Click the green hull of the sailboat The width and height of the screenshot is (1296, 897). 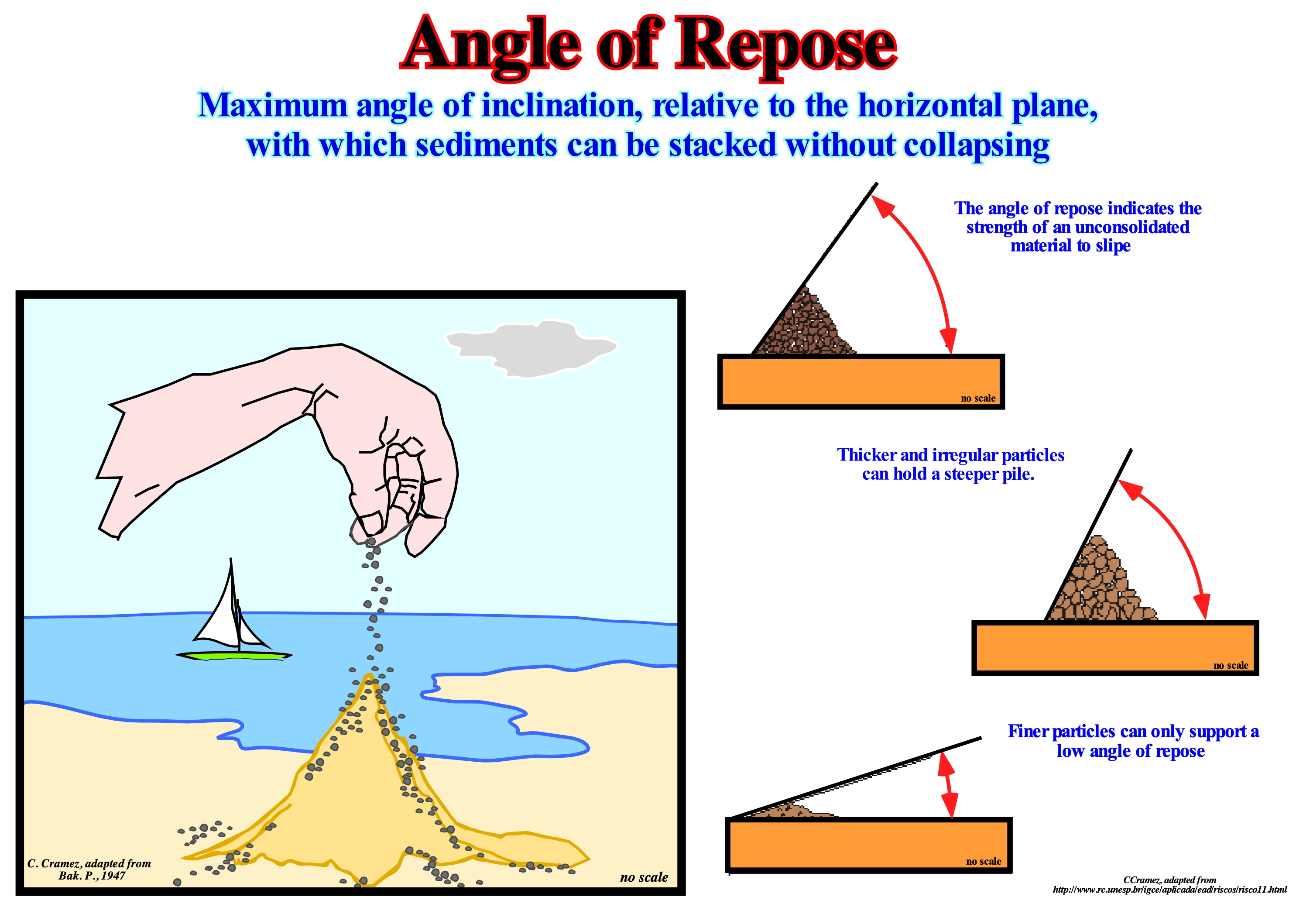233,655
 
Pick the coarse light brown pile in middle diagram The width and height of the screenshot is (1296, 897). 1101,584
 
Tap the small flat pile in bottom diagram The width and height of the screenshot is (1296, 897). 792,811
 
